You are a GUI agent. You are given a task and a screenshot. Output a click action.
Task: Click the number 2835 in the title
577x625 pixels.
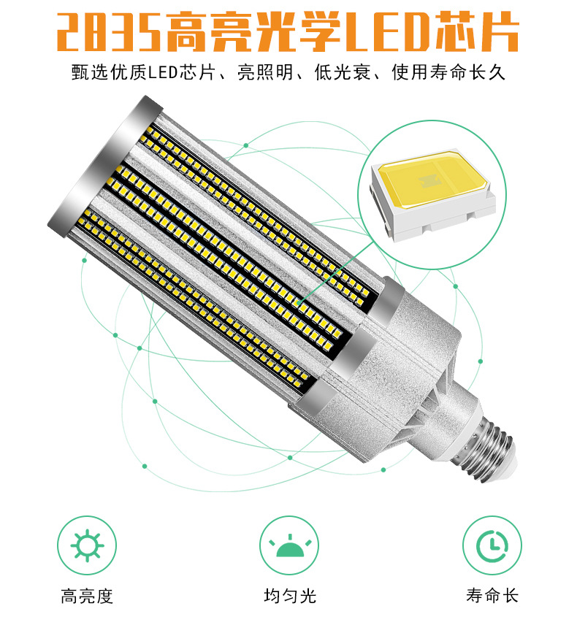108,33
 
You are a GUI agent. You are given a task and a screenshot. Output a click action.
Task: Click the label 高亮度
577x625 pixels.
87,596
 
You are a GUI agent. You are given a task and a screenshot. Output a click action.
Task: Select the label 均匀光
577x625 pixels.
289,596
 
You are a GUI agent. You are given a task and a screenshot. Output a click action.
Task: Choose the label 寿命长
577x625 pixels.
492,596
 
